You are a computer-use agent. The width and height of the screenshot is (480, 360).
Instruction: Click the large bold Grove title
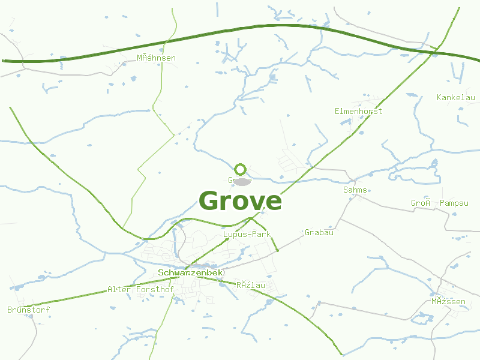[x=240, y=201]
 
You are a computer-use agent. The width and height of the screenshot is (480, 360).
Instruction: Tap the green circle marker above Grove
[x=241, y=169]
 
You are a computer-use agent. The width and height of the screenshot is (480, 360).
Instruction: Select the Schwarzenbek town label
[x=191, y=273]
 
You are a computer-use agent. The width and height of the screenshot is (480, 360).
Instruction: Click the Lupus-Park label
[x=247, y=234]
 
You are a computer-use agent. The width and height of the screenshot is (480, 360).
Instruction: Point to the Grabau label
[x=319, y=232]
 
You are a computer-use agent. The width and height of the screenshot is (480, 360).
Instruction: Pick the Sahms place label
[x=355, y=190]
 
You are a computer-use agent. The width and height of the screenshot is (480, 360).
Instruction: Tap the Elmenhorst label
[x=358, y=111]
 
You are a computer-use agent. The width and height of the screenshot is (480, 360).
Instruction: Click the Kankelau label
[x=456, y=98]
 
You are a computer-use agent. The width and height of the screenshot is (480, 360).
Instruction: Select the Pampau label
[x=454, y=203]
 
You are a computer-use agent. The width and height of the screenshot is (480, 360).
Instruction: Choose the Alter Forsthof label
[x=140, y=290]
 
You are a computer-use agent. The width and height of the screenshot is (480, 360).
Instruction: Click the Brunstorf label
[x=28, y=310]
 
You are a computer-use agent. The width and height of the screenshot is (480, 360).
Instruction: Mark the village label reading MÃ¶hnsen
[x=156, y=58]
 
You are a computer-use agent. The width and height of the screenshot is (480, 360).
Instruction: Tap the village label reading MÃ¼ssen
[x=448, y=301]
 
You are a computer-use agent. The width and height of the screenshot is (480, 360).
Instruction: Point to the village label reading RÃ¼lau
[x=251, y=285]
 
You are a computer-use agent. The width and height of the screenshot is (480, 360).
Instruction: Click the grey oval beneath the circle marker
[x=241, y=181]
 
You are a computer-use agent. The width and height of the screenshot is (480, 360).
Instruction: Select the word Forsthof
[x=155, y=290]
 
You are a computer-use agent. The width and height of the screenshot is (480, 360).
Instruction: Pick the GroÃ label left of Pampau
[x=421, y=203]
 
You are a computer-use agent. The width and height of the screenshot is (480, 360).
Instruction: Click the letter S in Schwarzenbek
[x=161, y=273]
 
